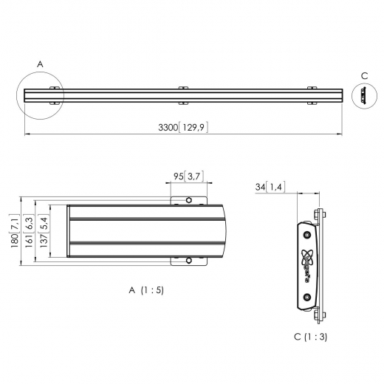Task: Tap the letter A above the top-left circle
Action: [40, 65]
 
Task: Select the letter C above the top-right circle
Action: [364, 75]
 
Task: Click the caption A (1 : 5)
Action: [146, 290]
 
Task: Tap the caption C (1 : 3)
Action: [310, 336]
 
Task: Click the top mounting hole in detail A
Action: [189, 200]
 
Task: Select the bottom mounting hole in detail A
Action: [189, 259]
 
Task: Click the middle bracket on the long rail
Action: [183, 95]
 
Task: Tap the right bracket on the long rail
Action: [312, 95]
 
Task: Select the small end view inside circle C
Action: [364, 96]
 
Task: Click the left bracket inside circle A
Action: [54, 95]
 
